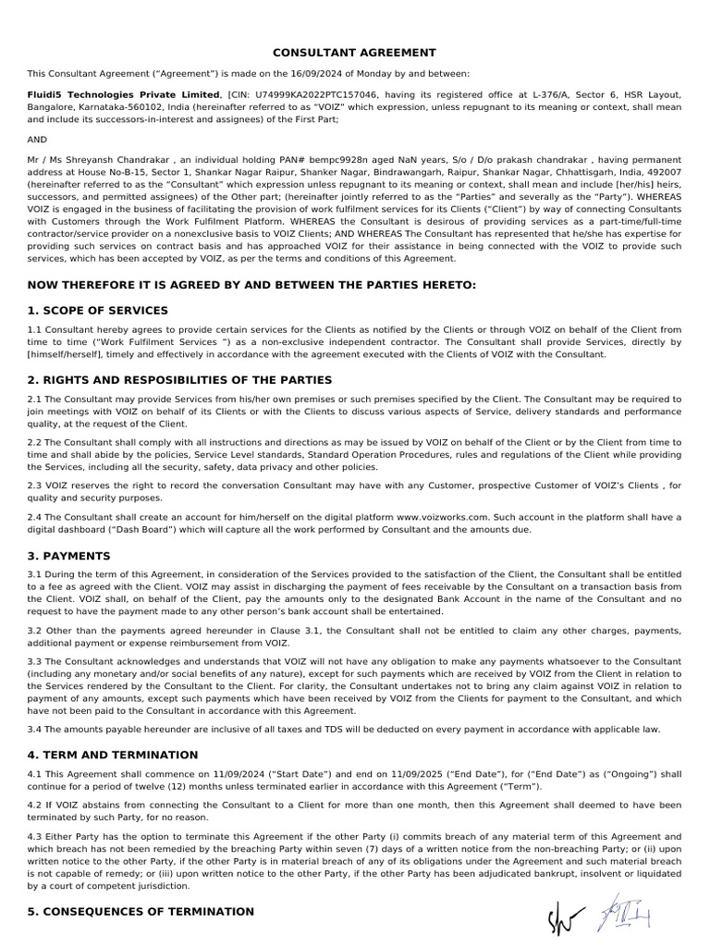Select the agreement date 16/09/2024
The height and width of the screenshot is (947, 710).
coord(340,73)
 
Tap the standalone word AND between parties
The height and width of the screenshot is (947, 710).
coord(37,140)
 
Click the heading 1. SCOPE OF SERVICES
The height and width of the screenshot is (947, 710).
coord(98,310)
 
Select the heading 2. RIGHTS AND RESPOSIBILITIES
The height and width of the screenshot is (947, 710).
coord(179,380)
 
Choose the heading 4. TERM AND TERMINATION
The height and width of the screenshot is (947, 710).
coord(113,755)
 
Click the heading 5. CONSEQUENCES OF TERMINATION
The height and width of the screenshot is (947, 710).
coord(141,911)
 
